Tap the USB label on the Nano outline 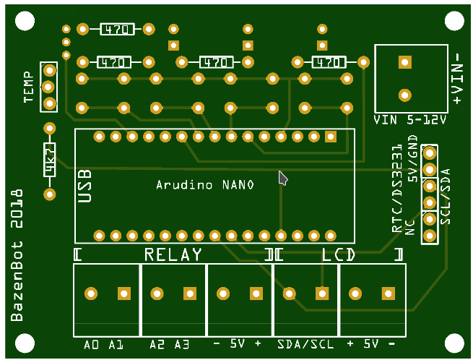84,185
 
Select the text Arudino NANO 205,185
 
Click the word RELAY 173,254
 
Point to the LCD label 338,254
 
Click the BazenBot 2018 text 17,256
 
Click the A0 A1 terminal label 104,345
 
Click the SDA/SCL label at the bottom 305,345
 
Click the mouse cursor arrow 283,178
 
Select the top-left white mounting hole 24,22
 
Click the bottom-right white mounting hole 454,343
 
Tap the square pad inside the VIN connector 404,62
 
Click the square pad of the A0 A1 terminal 124,293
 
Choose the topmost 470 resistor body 116,30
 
